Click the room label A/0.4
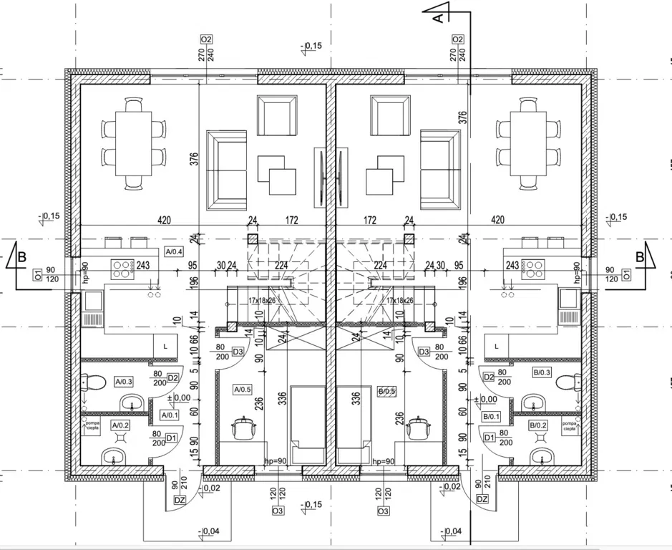174,251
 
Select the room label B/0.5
386,391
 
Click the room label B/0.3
542,372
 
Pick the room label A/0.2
120,425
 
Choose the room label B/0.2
538,425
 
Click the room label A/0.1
170,415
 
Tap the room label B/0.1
492,415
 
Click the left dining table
134,143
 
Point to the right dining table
527,143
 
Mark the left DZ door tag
180,499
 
